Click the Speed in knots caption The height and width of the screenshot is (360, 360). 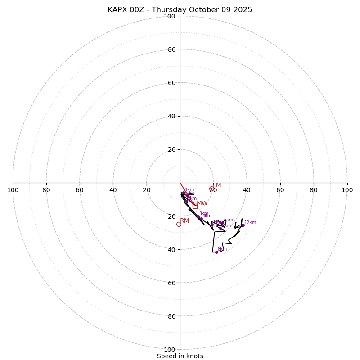[180, 356]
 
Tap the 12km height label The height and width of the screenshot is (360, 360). [250, 223]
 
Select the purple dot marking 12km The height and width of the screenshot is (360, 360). [243, 225]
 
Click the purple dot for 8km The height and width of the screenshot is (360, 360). [216, 252]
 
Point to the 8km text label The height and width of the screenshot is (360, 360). [222, 249]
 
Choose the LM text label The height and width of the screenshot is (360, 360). [217, 185]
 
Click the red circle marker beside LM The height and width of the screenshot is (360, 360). [212, 189]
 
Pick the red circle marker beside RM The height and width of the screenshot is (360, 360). [179, 224]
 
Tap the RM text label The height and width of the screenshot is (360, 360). [185, 221]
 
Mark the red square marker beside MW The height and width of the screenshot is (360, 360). [195, 206]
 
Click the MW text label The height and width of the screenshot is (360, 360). [202, 203]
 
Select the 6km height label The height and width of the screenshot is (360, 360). [229, 220]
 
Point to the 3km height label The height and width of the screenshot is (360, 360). [204, 214]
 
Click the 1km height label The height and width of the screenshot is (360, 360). [189, 190]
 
